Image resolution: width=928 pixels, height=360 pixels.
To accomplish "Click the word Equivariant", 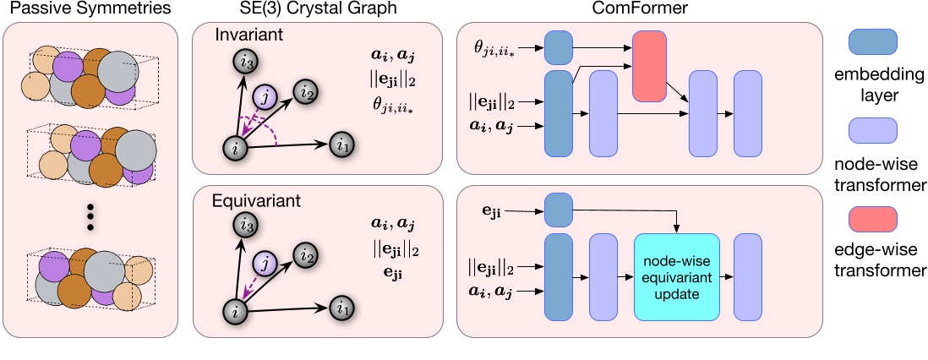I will click(254, 203).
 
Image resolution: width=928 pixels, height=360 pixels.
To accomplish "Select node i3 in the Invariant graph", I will click(244, 58).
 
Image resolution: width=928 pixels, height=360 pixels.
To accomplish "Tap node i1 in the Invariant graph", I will click(341, 145).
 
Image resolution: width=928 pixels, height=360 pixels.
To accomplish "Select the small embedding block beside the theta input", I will click(559, 48).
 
